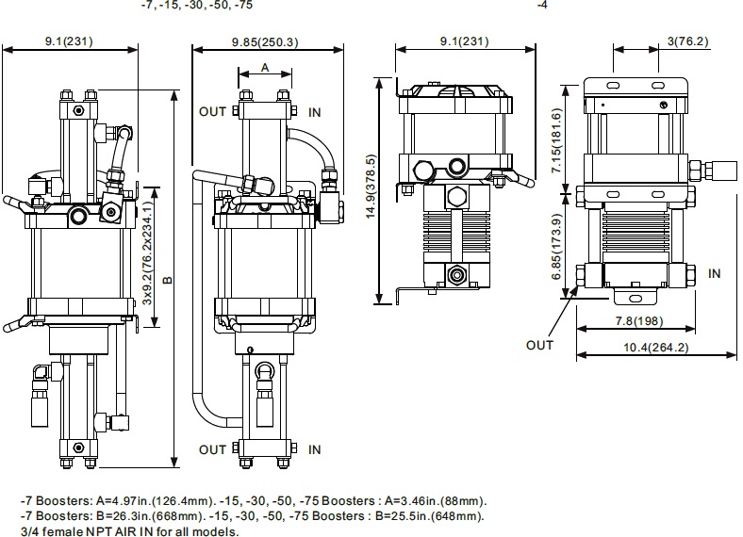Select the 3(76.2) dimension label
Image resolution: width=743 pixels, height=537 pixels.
pos(687,41)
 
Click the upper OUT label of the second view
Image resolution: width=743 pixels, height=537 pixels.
pos(212,111)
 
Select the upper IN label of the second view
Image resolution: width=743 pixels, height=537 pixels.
pos(315,111)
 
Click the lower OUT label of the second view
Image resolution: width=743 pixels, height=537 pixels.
pos(212,448)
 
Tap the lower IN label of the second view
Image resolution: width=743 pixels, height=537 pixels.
pos(315,448)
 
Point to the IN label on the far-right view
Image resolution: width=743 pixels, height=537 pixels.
pos(714,273)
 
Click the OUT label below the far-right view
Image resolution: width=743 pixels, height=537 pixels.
pos(540,345)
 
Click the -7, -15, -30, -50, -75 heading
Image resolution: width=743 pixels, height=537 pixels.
pos(196,5)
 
